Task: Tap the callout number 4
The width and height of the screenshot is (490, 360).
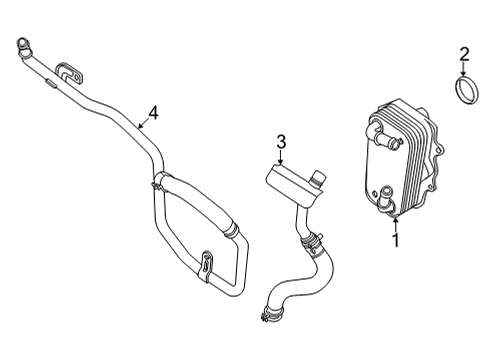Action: [153, 111]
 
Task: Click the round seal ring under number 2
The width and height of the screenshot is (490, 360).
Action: [464, 91]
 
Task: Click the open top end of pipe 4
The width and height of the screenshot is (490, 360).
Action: [21, 43]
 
